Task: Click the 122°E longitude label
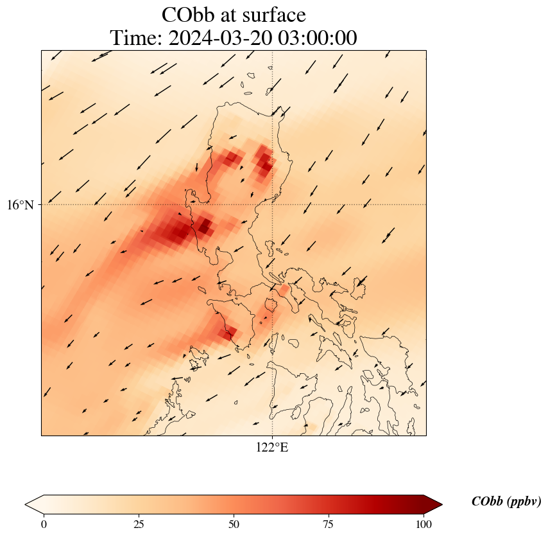coord(272,448)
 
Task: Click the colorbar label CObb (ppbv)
coord(506,502)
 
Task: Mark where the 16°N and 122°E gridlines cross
coord(273,205)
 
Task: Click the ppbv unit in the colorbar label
coord(521,502)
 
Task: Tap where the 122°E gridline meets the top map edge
coord(273,50)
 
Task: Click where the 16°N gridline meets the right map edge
coord(426,205)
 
